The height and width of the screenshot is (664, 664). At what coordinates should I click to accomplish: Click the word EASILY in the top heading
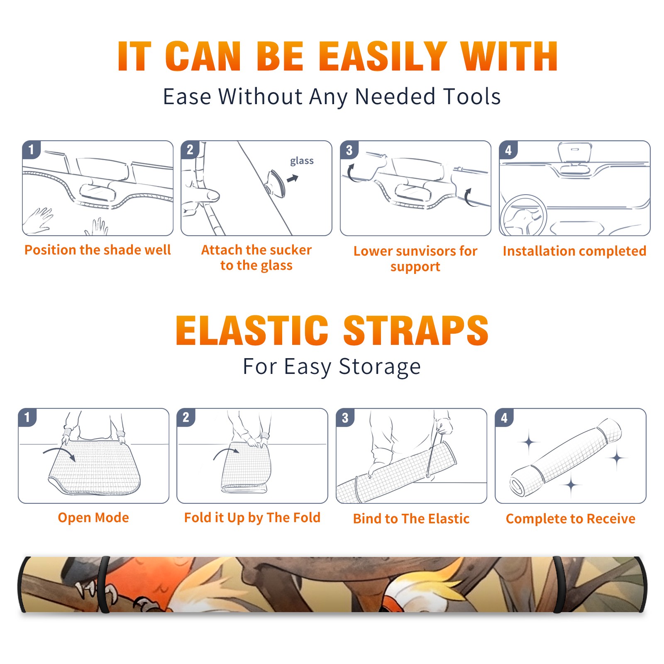coord(382,56)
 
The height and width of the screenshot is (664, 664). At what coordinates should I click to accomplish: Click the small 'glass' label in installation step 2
coord(302,161)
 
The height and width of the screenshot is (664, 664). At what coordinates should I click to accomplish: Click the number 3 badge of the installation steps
coord(349,150)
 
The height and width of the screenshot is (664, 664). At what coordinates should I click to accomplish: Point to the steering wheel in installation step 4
coord(523,216)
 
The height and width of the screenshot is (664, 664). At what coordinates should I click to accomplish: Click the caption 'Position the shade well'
coord(98,250)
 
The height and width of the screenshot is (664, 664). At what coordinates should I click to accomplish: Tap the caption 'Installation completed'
coord(574,251)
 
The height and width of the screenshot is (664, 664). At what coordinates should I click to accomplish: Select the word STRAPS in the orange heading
coord(416,330)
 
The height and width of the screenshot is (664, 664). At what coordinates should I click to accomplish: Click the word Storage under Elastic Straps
coord(380,367)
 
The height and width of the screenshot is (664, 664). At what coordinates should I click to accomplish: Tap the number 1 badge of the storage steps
coord(27,417)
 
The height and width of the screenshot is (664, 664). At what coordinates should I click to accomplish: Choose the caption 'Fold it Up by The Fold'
coord(252,518)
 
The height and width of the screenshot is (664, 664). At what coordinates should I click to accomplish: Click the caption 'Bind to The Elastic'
coord(411,519)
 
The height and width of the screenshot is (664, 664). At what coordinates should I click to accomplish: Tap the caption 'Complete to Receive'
coord(571,519)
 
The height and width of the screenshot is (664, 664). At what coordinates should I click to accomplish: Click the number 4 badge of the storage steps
coord(504,417)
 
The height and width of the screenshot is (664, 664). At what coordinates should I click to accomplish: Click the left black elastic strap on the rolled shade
coord(103,584)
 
